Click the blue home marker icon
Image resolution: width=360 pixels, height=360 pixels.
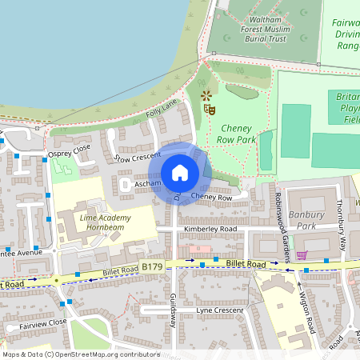coord(180,173)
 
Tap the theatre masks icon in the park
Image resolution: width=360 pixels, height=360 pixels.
coord(210,109)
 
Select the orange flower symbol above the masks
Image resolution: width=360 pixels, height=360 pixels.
coord(206,96)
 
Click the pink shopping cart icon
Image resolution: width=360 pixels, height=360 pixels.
coord(301,255)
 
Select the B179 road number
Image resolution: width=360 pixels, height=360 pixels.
coord(152,266)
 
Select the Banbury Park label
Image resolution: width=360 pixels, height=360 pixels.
coord(307,220)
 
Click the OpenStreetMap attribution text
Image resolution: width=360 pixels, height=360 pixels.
coord(81,354)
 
